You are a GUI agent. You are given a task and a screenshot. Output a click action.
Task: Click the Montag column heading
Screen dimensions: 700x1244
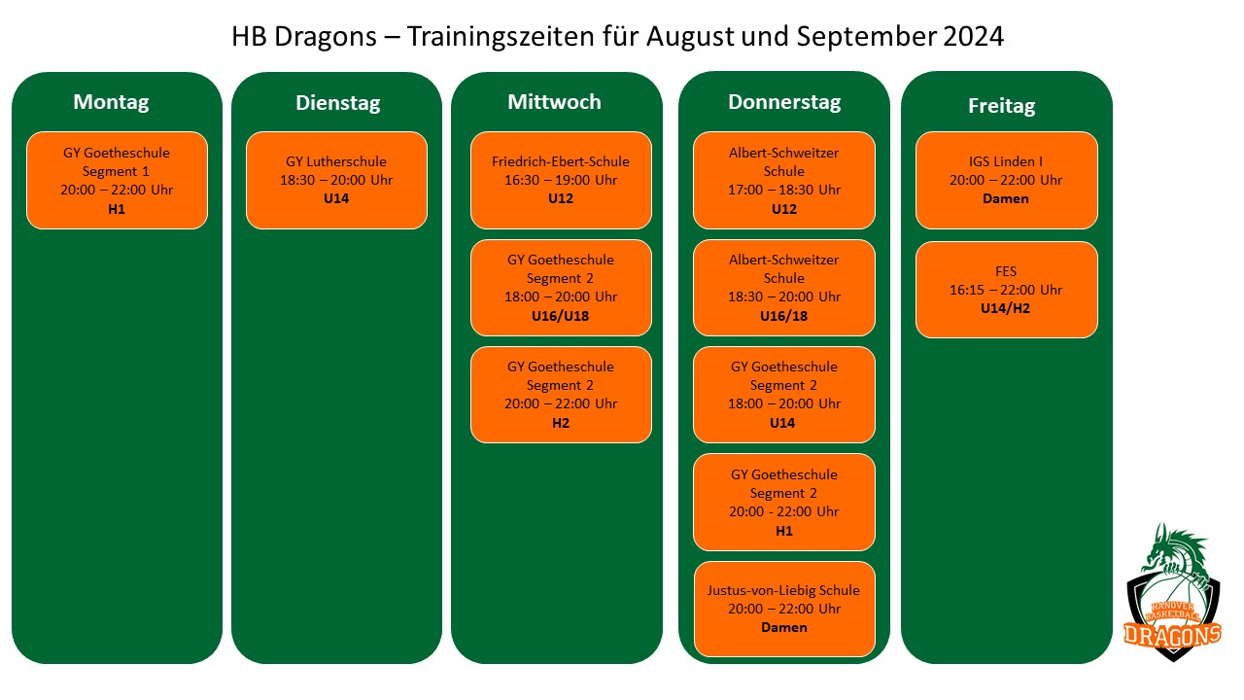point(112,102)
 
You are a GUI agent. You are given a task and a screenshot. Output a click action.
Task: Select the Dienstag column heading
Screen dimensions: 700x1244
point(338,103)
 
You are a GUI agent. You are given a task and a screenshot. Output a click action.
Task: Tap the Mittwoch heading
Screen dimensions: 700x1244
point(555,102)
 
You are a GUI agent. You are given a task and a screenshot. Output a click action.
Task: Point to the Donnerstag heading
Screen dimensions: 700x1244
point(784,102)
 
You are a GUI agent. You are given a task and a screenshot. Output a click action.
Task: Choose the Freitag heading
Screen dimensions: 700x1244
point(1002,106)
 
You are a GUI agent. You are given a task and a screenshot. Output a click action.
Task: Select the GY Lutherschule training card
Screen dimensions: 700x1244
point(336,180)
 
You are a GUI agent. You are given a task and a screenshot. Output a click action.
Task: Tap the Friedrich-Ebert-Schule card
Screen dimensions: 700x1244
point(561,180)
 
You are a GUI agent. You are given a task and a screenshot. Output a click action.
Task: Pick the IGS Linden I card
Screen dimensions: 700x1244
point(1006,180)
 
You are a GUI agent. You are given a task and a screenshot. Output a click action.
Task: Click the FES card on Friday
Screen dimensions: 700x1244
point(1006,290)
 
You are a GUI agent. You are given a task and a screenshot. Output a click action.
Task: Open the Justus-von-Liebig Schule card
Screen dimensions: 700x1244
point(783,609)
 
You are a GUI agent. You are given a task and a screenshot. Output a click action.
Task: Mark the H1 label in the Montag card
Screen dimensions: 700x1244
point(117,209)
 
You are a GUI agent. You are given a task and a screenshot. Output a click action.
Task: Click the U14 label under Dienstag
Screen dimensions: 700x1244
point(336,199)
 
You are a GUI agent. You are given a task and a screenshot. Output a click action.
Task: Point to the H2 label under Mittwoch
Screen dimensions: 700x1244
point(561,423)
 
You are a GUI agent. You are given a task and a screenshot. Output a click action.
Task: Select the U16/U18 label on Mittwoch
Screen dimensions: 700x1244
point(561,316)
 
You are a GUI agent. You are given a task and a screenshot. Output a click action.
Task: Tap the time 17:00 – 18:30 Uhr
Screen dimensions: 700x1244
point(784,191)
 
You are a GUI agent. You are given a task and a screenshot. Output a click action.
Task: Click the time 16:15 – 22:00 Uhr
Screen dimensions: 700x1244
point(1006,290)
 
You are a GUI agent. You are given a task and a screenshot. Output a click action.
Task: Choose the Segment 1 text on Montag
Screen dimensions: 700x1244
point(117,171)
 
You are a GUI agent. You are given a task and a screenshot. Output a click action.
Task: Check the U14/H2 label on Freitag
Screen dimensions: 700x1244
point(1006,309)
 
